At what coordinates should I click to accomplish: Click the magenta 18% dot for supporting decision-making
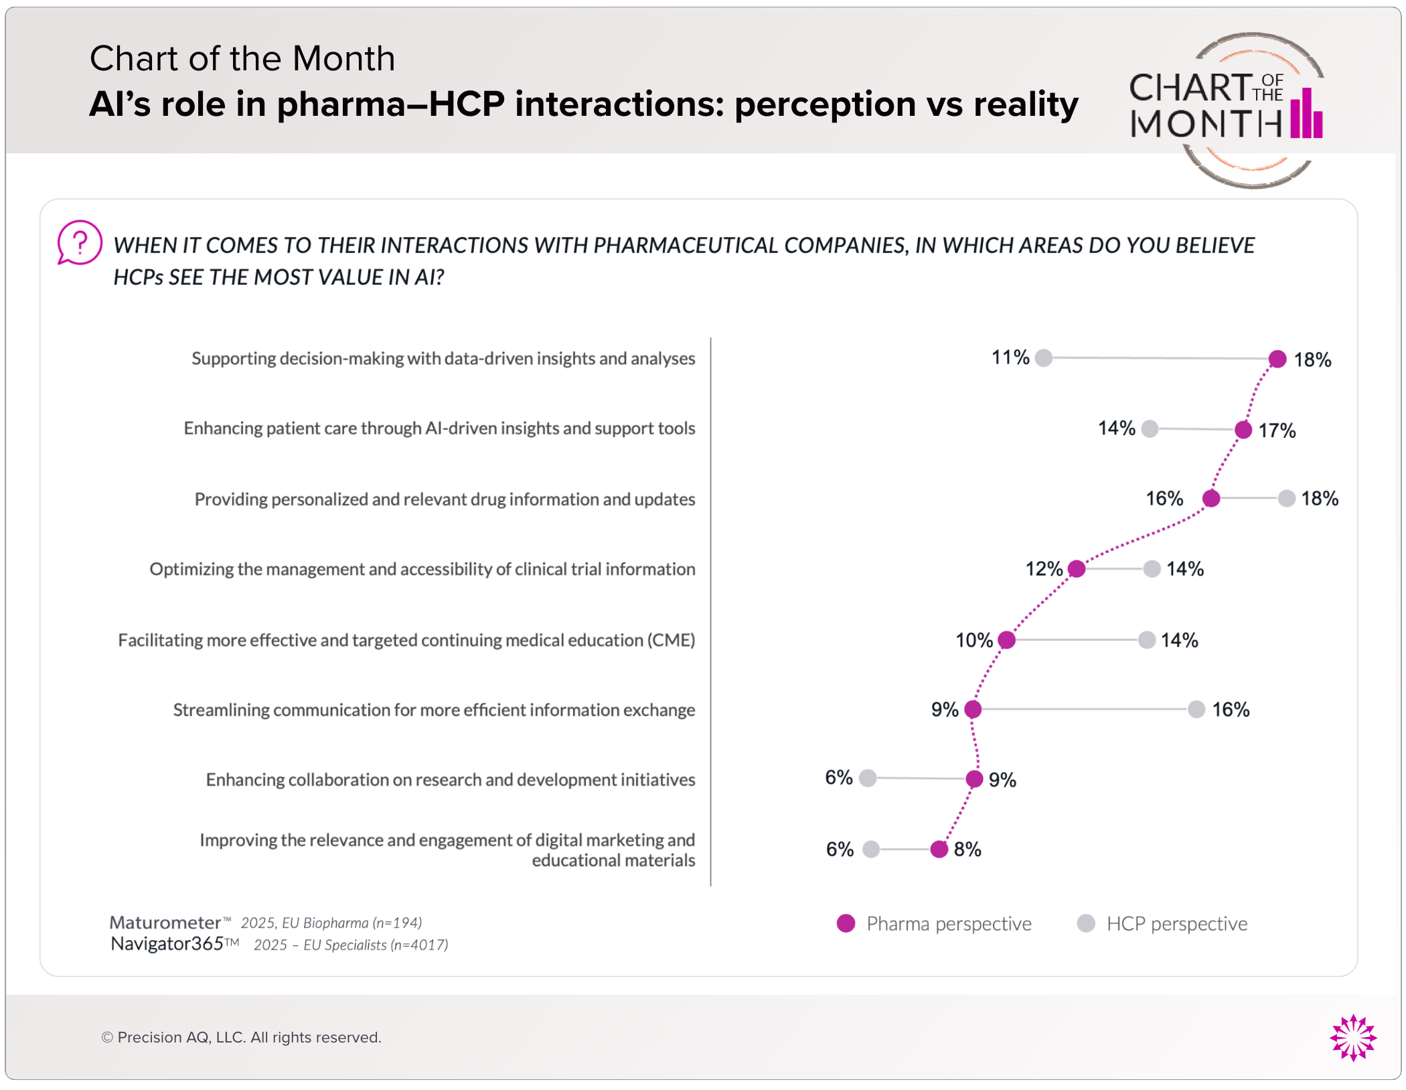(x=1277, y=359)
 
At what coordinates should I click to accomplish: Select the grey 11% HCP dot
(x=1043, y=358)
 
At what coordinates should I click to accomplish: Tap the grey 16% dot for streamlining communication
(x=1196, y=709)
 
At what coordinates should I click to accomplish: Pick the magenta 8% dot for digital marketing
(x=939, y=849)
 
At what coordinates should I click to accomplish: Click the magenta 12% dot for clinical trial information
(x=1077, y=568)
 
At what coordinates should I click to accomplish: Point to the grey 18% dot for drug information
(x=1287, y=498)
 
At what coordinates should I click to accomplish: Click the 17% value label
(x=1277, y=431)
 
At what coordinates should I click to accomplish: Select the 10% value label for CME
(x=973, y=640)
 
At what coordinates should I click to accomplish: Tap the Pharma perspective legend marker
(x=846, y=923)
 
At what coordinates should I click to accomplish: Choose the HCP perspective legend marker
(x=1086, y=923)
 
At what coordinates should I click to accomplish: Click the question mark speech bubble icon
(x=79, y=242)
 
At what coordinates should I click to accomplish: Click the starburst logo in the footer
(x=1353, y=1037)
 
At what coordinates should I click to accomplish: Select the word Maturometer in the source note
(x=165, y=923)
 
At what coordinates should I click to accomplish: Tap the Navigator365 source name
(x=167, y=944)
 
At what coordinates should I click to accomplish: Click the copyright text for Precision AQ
(x=241, y=1037)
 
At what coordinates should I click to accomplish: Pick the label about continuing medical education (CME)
(x=406, y=640)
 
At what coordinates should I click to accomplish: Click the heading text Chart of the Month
(x=242, y=58)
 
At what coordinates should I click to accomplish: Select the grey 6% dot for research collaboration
(x=868, y=778)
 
